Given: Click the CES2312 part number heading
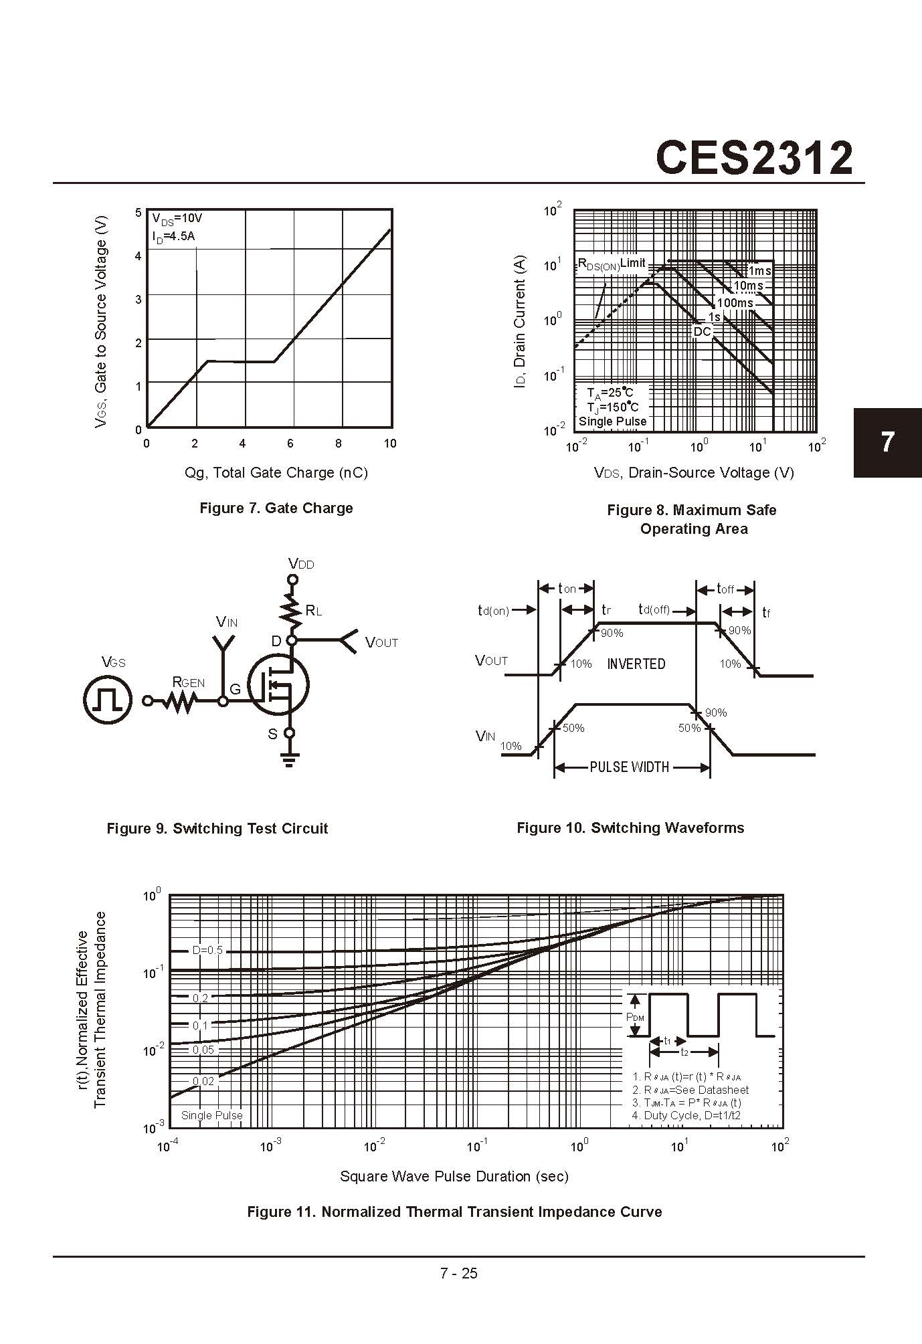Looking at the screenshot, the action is (754, 158).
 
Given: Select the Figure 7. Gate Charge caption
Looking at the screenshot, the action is (276, 508).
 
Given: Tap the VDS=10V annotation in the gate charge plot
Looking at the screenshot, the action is (177, 219).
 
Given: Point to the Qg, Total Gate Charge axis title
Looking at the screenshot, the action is (276, 472).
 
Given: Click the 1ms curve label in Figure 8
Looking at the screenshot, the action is (759, 271).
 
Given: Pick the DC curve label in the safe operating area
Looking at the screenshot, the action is (702, 332).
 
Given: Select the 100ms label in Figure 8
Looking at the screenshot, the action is (735, 303).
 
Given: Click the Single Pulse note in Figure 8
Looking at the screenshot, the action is (612, 421).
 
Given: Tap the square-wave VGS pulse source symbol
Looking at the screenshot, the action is (107, 700).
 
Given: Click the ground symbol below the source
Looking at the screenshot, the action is (289, 759).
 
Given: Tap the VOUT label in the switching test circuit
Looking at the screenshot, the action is (381, 643).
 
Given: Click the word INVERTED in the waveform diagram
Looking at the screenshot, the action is (636, 664).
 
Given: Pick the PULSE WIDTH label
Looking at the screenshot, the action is (629, 767).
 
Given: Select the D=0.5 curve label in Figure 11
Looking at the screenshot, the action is (207, 950).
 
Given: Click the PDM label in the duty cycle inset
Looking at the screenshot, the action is (635, 1017).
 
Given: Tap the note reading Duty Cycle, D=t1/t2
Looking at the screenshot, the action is (686, 1115).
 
